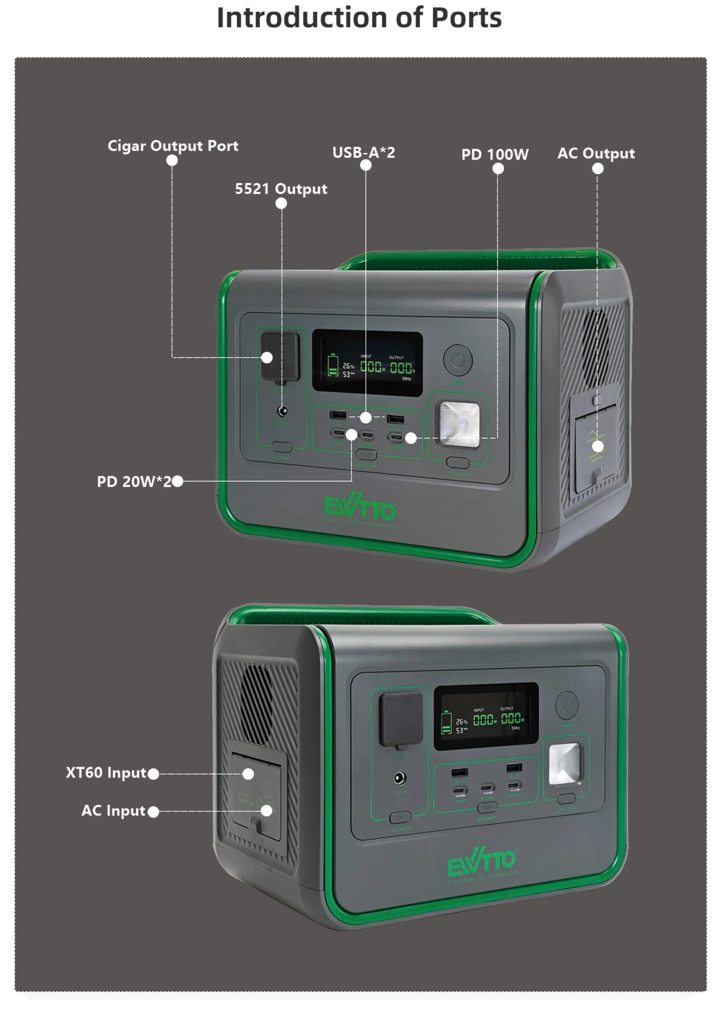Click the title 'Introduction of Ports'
[x=358, y=18]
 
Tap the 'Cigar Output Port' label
[x=173, y=145]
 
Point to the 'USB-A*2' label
[x=363, y=153]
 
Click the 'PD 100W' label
[x=494, y=154]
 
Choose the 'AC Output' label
[x=596, y=153]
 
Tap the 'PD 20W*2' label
[x=134, y=481]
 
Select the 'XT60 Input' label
[x=106, y=772]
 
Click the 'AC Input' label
[x=113, y=810]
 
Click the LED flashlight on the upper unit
[x=459, y=424]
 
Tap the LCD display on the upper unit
[x=367, y=363]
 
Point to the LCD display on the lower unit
[x=486, y=716]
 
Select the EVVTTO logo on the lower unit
[x=481, y=861]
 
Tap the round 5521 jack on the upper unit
[x=282, y=411]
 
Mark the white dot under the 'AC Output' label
[x=598, y=168]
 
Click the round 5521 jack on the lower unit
[x=399, y=778]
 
